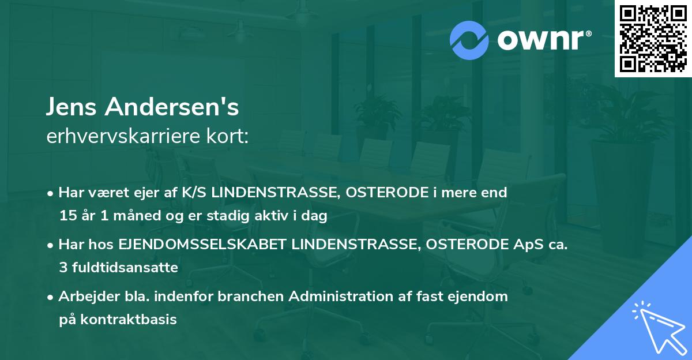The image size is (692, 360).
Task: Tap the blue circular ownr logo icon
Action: [x=469, y=40]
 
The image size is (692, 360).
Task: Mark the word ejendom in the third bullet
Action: [x=482, y=297]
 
